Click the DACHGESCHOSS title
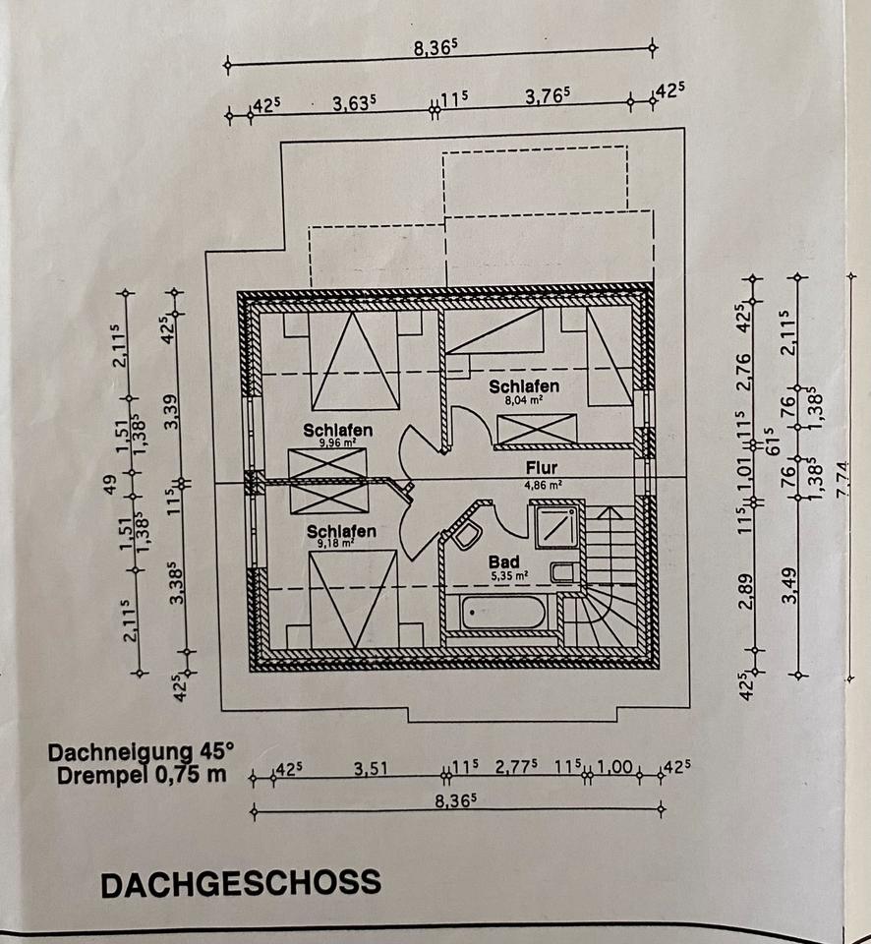point(240,882)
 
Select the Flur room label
point(542,468)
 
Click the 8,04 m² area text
point(523,400)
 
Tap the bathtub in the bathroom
point(502,614)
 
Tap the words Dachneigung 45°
point(141,752)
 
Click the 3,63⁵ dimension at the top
point(356,102)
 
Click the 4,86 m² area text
point(543,484)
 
